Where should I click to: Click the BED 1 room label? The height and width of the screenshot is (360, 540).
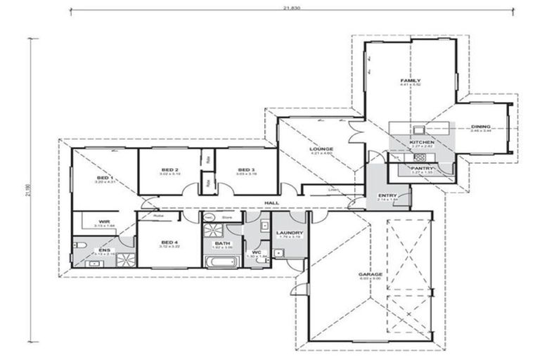(104, 177)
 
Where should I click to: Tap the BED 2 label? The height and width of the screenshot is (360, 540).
(169, 170)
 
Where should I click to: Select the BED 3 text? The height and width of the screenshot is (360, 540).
(245, 170)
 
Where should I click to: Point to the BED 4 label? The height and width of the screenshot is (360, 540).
(168, 242)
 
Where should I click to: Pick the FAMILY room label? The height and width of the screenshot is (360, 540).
(410, 81)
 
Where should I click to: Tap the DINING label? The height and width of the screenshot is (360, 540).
(481, 127)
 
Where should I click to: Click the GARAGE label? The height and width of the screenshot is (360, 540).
(371, 274)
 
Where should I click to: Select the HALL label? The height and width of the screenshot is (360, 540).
(271, 203)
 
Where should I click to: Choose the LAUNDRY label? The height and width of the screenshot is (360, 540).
(289, 233)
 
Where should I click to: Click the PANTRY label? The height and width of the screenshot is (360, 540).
(422, 169)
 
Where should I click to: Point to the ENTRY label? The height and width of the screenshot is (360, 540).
(387, 195)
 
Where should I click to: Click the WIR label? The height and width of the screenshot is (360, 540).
(104, 221)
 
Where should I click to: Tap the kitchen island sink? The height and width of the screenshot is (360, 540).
(419, 129)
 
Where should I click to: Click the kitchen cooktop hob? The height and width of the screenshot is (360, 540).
(421, 157)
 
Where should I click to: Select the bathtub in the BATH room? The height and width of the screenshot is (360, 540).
(222, 262)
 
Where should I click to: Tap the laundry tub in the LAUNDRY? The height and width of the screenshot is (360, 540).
(279, 253)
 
